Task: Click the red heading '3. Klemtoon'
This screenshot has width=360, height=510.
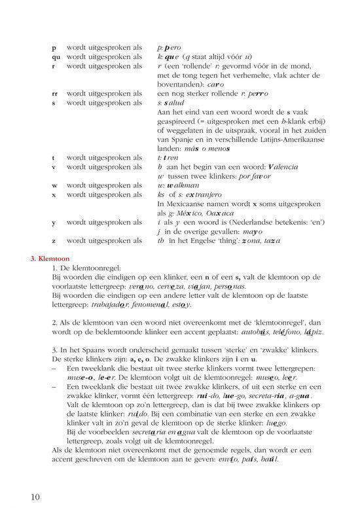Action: pyautogui.click(x=50, y=259)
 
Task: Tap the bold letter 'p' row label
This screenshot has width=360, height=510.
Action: pyautogui.click(x=53, y=48)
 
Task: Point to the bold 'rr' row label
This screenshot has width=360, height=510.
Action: pyautogui.click(x=54, y=94)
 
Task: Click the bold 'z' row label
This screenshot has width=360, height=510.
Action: pyautogui.click(x=53, y=241)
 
